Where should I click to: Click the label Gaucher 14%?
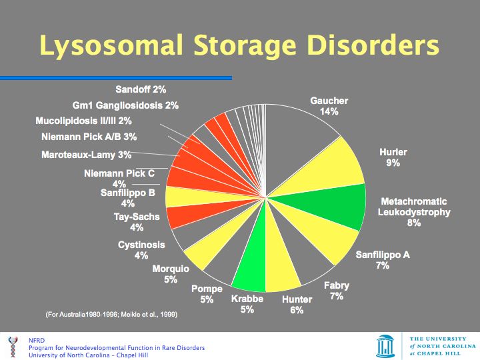pos(329,106)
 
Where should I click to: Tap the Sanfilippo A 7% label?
pos(382,260)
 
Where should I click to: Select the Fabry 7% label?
pos(336,291)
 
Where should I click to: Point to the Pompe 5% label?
pos(207,294)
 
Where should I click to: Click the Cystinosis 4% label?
pos(141,250)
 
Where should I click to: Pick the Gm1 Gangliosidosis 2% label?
pos(125,105)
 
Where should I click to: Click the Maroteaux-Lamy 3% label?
pos(87,155)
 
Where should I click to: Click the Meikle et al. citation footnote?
pos(111,313)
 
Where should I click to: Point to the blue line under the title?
pos(116,78)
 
